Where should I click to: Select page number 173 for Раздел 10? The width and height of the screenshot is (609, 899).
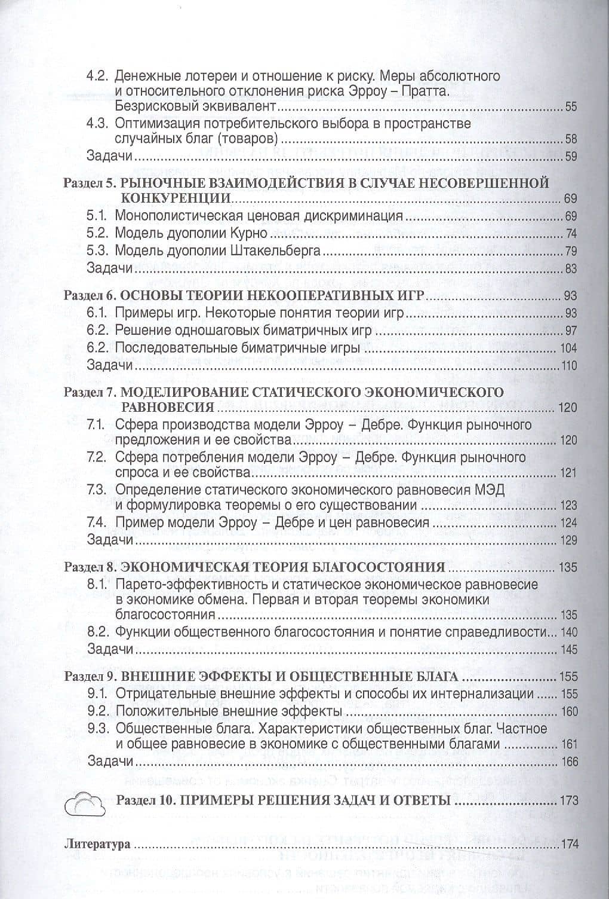[x=568, y=800]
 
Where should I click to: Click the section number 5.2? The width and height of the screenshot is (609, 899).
[x=97, y=233]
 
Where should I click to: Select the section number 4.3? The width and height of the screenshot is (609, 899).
[x=97, y=124]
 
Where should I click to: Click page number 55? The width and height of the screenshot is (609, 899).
[x=571, y=108]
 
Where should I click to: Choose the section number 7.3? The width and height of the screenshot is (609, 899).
[x=97, y=490]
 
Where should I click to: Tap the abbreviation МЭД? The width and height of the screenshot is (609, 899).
[x=491, y=490]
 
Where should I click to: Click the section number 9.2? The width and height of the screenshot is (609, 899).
[x=97, y=711]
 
